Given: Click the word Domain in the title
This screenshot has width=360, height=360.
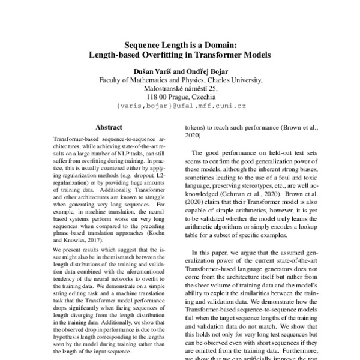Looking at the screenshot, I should pyautogui.click(x=218, y=44).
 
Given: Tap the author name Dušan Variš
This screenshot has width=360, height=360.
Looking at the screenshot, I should pyautogui.click(x=150, y=70).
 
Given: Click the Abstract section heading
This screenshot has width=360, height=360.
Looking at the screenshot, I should pyautogui.click(x=109, y=127).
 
